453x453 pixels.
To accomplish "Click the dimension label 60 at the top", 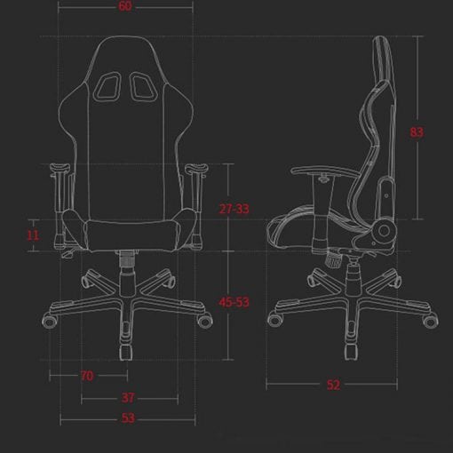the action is tap(125, 6).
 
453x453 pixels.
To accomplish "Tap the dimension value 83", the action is tap(417, 132).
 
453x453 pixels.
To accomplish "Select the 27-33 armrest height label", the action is tap(234, 209).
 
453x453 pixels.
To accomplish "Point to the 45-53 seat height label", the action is tap(234, 302).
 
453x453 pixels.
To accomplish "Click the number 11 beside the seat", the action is tap(33, 235).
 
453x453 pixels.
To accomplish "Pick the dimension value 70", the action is tap(87, 376).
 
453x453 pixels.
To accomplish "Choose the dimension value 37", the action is tap(128, 398).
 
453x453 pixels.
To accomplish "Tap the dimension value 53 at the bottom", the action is tap(128, 417).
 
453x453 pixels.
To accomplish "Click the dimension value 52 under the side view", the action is tap(333, 385).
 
